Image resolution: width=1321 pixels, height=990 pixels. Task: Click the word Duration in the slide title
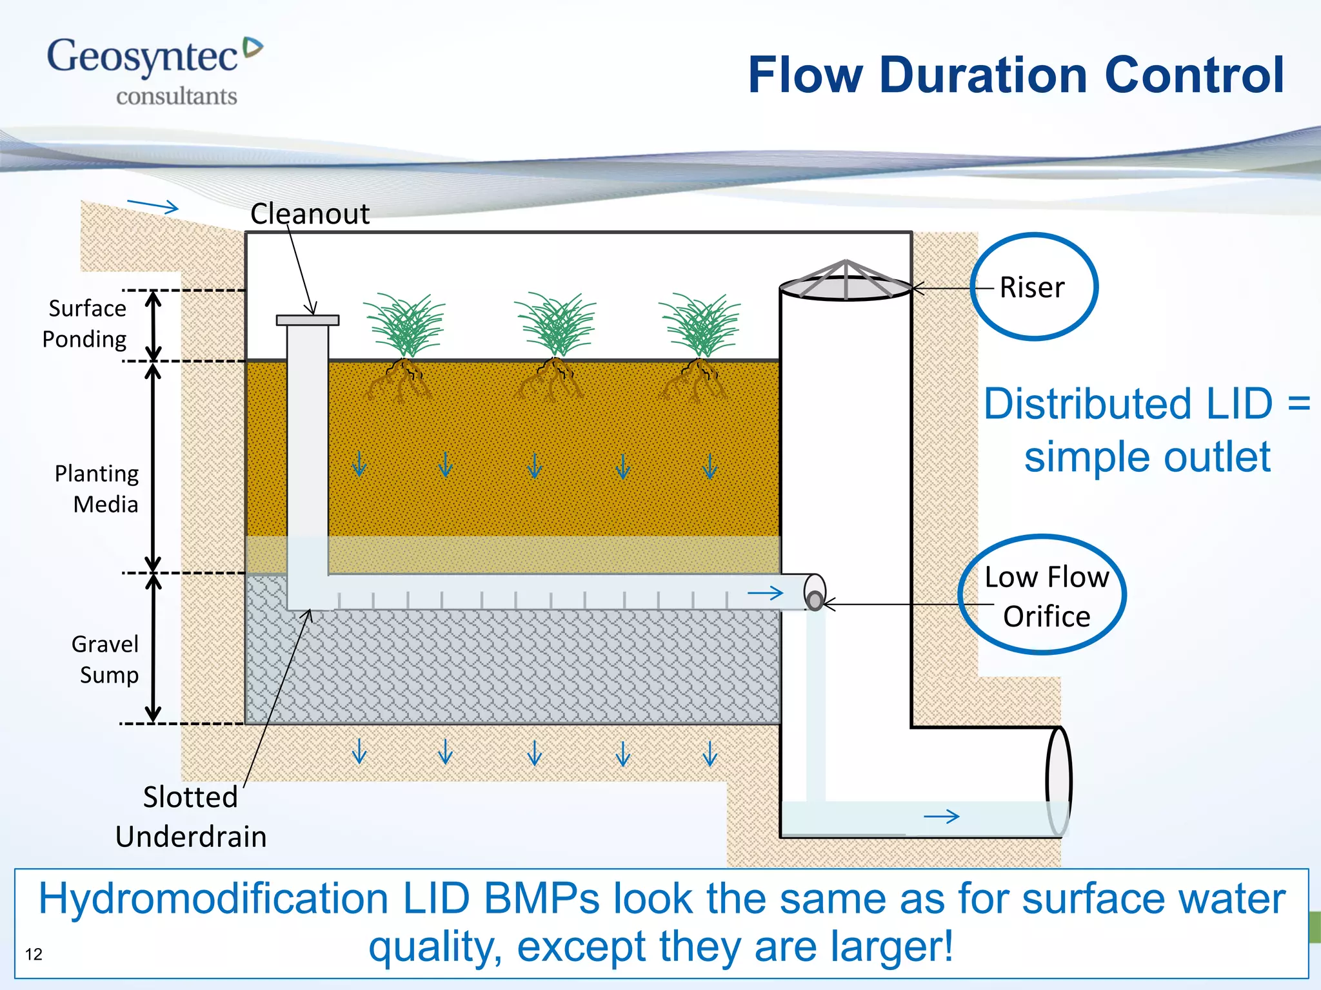pos(984,75)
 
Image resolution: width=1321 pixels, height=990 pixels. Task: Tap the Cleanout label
pos(310,214)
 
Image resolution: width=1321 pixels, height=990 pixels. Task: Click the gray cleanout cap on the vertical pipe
pos(308,320)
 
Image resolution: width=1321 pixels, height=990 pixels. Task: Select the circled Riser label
pos(1033,287)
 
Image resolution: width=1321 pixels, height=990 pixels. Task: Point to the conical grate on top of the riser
pos(846,281)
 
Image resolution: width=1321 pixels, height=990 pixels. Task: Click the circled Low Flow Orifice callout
pos(1045,596)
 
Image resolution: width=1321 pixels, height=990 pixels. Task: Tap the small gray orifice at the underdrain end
pos(815,601)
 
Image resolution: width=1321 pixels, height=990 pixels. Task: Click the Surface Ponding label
pos(85,324)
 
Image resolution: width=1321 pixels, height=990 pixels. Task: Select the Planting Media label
pos(97,489)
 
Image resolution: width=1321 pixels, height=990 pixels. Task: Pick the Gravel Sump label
pos(105,659)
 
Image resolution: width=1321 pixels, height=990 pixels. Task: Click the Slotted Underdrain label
pos(190,817)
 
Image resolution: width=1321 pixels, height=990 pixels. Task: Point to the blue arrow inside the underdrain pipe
pos(766,593)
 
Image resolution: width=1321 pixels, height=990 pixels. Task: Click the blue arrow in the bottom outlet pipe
pos(942,817)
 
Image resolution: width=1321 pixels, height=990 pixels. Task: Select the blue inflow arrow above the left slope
pos(153,206)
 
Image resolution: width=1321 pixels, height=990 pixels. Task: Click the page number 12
pos(34,954)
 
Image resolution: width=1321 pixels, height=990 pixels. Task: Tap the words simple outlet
pos(1147,457)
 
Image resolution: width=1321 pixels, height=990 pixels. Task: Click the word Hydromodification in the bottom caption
pos(213,898)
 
